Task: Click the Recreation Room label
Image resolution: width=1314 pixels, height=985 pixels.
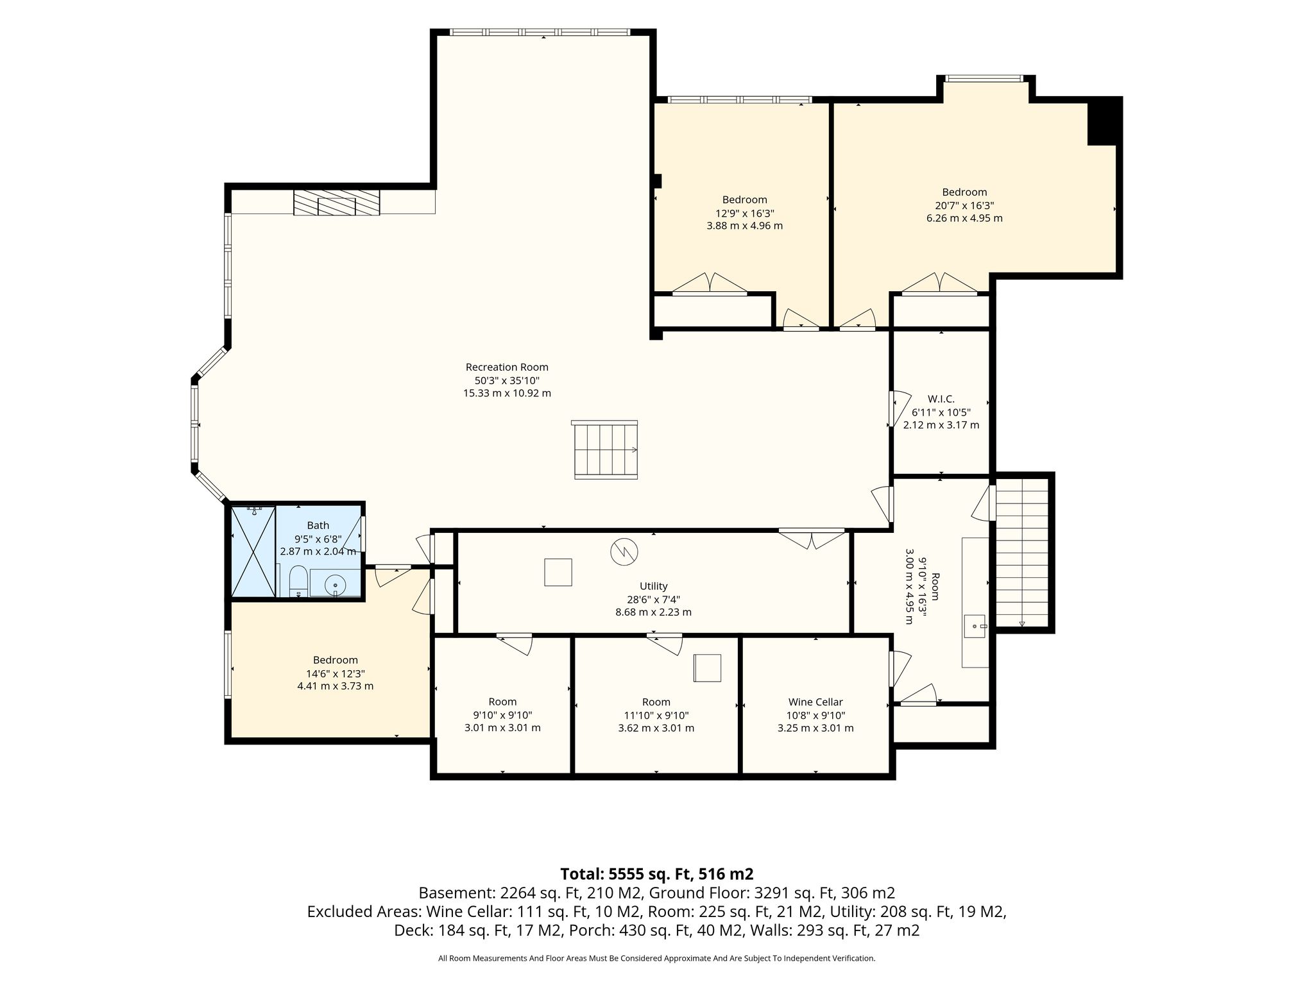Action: click(507, 367)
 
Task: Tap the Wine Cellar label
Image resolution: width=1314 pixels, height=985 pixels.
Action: click(815, 702)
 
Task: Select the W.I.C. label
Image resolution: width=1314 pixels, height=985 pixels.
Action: click(941, 399)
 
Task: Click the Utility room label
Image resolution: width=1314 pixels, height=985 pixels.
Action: click(654, 586)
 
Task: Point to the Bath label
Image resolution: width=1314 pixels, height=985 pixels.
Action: click(318, 525)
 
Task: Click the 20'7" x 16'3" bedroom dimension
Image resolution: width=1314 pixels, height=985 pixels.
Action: click(964, 205)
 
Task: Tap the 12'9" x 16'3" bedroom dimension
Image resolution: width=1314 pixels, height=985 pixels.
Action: click(744, 213)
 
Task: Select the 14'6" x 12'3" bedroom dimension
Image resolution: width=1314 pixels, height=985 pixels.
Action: click(335, 673)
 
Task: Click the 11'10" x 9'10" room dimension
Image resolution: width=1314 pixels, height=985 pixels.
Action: click(656, 716)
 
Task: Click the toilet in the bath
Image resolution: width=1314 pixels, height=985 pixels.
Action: click(298, 581)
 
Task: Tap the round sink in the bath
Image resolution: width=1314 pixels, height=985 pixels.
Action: click(335, 585)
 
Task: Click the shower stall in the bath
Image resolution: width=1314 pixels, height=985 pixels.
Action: click(253, 551)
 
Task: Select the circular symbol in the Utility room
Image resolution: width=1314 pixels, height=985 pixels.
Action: click(624, 551)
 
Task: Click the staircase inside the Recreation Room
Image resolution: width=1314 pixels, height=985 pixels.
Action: click(606, 450)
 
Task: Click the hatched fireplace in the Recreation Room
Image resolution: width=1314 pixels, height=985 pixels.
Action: click(337, 202)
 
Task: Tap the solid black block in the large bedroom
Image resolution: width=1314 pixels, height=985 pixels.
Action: click(1104, 122)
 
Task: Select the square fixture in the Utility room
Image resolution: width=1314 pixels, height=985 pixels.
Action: click(558, 572)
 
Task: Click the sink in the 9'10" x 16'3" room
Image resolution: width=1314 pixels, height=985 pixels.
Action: click(975, 625)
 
